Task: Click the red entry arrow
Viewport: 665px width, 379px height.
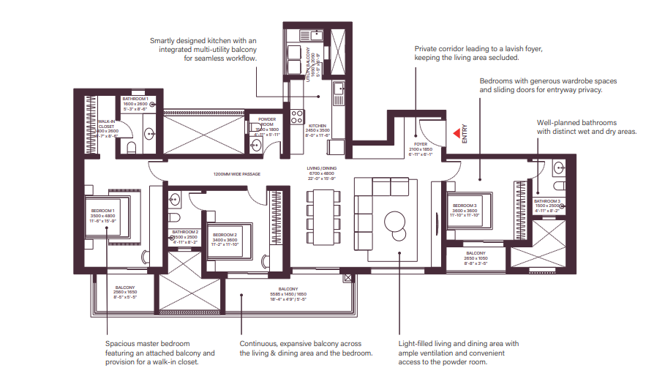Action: coord(455,133)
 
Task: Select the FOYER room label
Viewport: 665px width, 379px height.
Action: coord(420,145)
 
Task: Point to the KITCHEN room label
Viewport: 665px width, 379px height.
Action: coord(317,126)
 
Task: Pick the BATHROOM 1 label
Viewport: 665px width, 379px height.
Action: coord(135,98)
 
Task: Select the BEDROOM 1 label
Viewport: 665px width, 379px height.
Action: coord(102,211)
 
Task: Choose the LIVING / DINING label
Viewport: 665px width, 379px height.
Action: coord(322,169)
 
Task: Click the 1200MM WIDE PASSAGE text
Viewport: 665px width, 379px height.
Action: coord(236,174)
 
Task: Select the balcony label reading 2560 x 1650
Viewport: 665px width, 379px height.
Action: coord(125,288)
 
